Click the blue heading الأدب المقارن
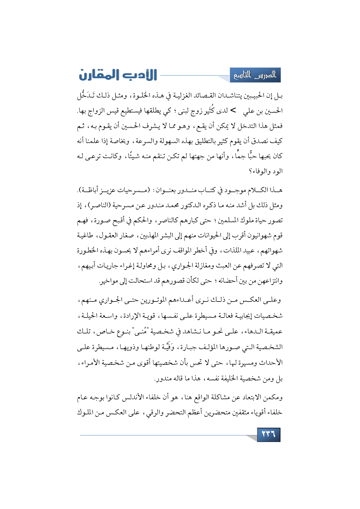pyautogui.click(x=118, y=75)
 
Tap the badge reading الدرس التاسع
pyautogui.click(x=255, y=75)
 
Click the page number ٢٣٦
pyautogui.click(x=269, y=434)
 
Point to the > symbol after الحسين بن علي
pyautogui.click(x=233, y=110)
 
